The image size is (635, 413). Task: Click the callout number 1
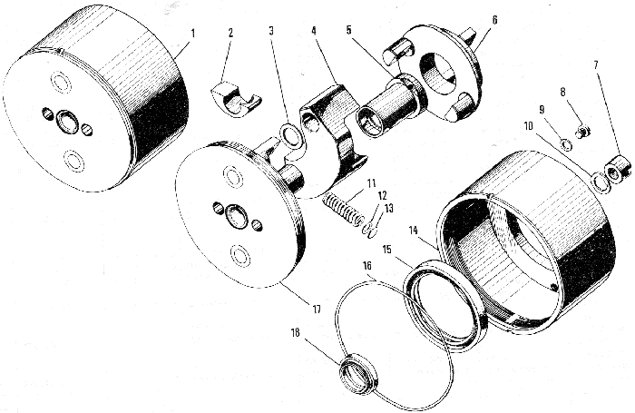[x=193, y=33]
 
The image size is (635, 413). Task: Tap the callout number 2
[x=230, y=33]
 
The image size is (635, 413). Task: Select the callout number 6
[x=494, y=20]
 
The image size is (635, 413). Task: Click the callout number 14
[x=413, y=231]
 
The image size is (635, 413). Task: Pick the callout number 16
[x=367, y=265]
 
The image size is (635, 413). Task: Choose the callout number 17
[x=317, y=310]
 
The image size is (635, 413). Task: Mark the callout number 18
[x=295, y=333]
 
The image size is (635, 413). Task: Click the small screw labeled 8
[x=583, y=132]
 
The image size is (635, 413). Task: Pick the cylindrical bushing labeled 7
[x=617, y=166]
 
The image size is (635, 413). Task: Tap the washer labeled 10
[x=594, y=181]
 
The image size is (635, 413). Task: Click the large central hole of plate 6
[x=438, y=74]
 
